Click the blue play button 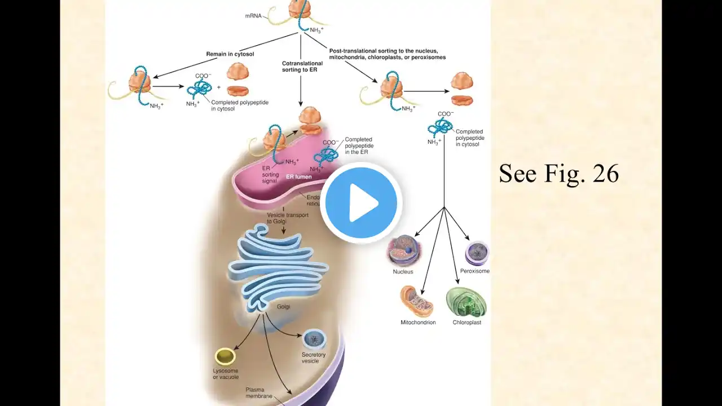point(361,202)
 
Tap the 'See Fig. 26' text point(558,174)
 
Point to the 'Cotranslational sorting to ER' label point(302,67)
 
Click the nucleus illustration point(403,250)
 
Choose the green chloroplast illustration point(466,302)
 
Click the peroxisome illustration point(477,253)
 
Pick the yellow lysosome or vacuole point(225,356)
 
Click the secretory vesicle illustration point(314,339)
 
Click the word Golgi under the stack point(283,307)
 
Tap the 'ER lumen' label point(295,177)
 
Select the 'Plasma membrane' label point(259,393)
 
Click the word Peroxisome point(474,271)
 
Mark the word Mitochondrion point(418,323)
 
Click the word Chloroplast point(466,323)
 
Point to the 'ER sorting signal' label point(270,175)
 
